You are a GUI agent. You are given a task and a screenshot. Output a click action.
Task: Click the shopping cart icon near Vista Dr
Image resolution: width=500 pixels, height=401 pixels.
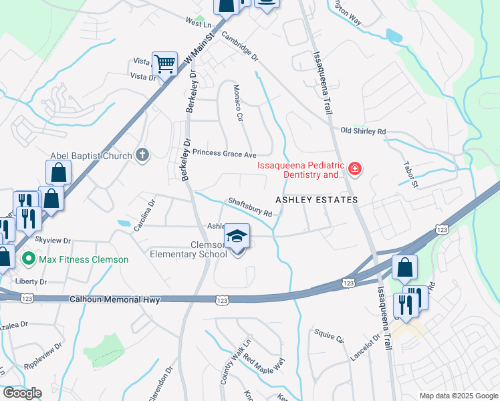pyautogui.click(x=164, y=65)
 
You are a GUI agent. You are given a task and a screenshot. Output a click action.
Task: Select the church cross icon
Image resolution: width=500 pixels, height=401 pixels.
pyautogui.click(x=142, y=155)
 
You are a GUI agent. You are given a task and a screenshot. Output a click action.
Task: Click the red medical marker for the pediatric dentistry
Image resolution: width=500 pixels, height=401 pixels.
pyautogui.click(x=354, y=169)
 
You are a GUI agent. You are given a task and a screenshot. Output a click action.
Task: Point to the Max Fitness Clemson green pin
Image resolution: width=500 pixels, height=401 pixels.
pyautogui.click(x=29, y=258)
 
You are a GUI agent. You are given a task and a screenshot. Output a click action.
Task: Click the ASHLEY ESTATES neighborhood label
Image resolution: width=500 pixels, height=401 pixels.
pyautogui.click(x=318, y=200)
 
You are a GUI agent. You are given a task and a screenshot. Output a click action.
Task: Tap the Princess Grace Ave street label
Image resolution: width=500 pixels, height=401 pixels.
pyautogui.click(x=225, y=153)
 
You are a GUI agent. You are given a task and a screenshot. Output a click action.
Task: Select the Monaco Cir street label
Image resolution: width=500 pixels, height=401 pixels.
pyautogui.click(x=236, y=103)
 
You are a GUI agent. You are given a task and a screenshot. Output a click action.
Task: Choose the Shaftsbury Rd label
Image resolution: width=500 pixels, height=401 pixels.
pyautogui.click(x=249, y=207)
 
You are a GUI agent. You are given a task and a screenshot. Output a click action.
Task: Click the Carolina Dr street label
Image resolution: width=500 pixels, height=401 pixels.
pyautogui.click(x=144, y=215)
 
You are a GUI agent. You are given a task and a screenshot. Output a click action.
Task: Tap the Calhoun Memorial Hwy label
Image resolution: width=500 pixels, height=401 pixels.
pyautogui.click(x=115, y=301)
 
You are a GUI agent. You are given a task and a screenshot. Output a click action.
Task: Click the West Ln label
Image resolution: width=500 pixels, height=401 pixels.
pyautogui.click(x=198, y=23)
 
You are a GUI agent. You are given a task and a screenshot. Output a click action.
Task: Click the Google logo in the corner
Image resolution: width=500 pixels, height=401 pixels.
pyautogui.click(x=22, y=392)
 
